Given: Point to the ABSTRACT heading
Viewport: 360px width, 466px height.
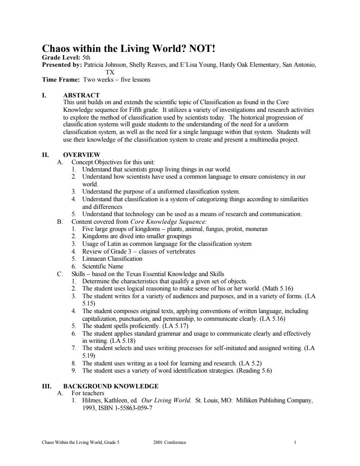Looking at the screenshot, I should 81,95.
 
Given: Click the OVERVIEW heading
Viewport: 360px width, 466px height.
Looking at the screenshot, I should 82,155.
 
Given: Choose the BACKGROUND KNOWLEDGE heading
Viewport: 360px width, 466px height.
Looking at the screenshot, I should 111,386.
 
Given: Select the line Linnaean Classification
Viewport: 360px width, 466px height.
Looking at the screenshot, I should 112,259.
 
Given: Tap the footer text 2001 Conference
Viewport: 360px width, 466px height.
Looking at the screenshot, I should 170,443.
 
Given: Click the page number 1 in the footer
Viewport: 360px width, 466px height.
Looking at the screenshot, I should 295,443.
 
